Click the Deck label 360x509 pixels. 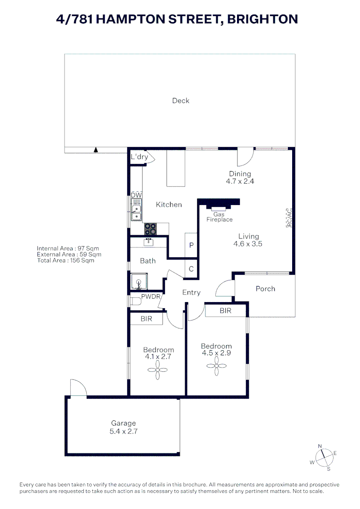click(180, 100)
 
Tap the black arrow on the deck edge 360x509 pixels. click(96, 150)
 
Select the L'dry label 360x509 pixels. click(139, 157)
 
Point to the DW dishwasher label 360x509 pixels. click(136, 195)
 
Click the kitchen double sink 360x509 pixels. click(136, 212)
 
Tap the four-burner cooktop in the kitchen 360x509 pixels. click(151, 229)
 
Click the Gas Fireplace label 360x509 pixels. click(219, 217)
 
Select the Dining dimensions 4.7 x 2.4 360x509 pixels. click(240, 181)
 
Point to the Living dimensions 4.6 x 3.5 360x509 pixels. click(248, 244)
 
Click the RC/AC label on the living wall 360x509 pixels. click(289, 218)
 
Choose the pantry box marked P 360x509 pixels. click(191, 245)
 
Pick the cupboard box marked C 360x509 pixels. click(191, 269)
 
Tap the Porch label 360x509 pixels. click(265, 288)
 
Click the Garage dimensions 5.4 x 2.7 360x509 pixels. click(123, 431)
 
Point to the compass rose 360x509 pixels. click(323, 457)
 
